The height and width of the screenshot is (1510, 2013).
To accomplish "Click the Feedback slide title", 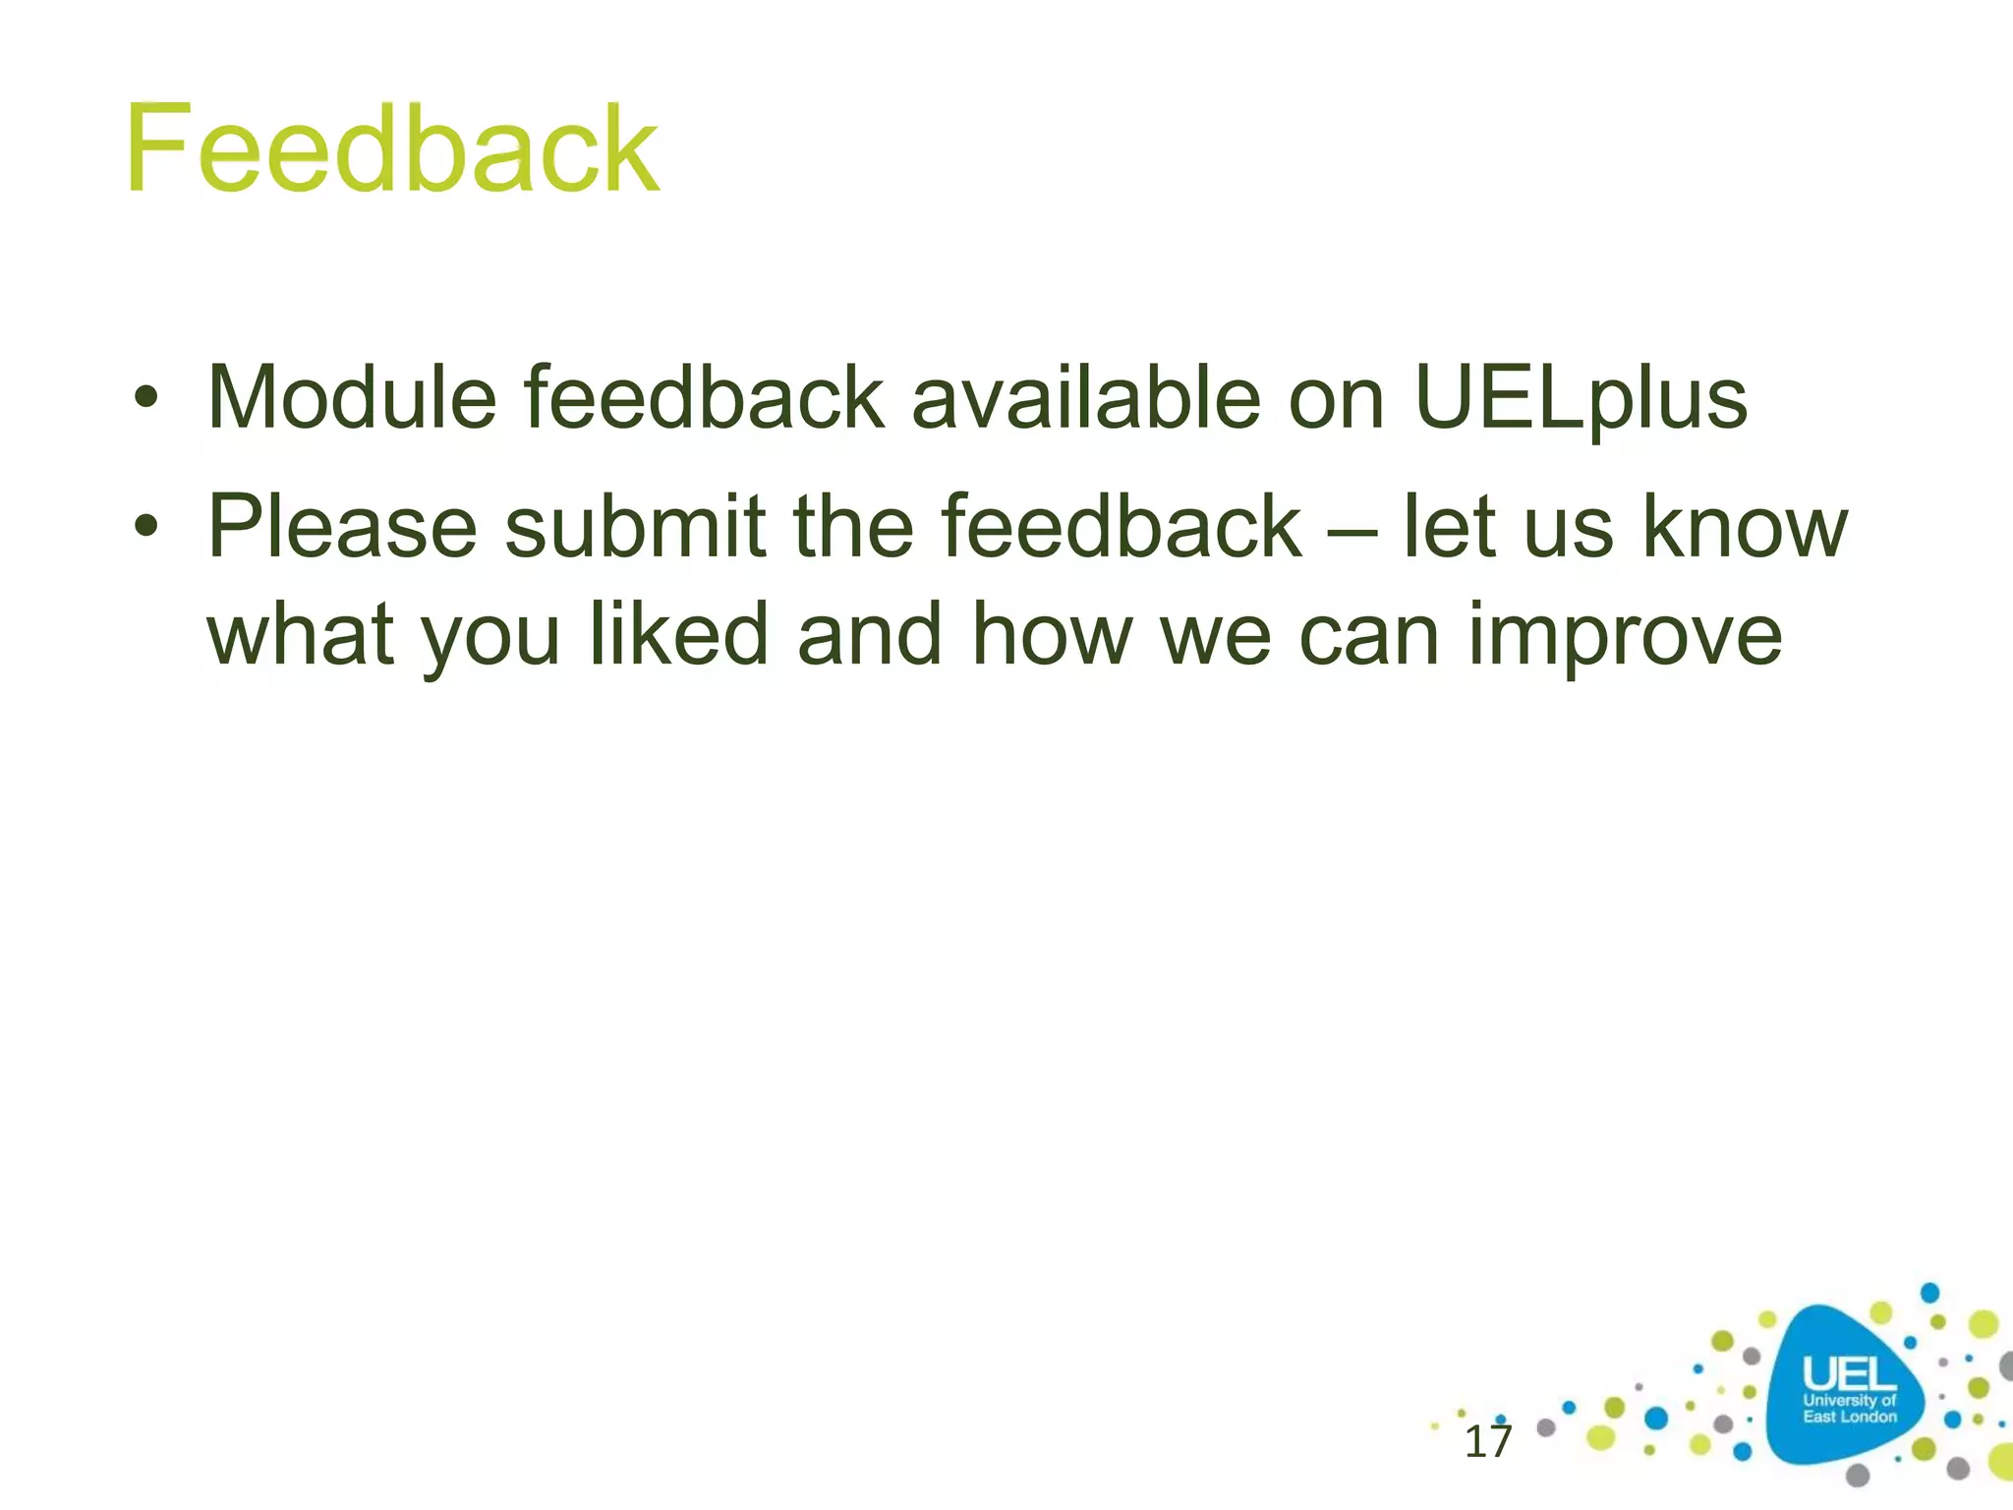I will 391,149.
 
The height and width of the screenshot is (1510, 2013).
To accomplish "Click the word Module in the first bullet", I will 352,398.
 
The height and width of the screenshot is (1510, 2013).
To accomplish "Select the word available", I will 1085,398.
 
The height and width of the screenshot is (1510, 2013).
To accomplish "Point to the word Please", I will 342,527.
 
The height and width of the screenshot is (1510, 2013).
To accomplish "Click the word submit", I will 635,527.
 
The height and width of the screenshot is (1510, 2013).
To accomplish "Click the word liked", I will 678,634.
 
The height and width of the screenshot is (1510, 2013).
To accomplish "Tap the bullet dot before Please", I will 146,528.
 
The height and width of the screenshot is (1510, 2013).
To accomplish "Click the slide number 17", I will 1487,1442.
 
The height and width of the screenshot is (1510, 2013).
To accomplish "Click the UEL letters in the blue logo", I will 1848,1374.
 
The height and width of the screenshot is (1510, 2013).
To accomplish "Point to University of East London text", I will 1849,1409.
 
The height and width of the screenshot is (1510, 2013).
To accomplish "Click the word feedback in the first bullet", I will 704,398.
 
